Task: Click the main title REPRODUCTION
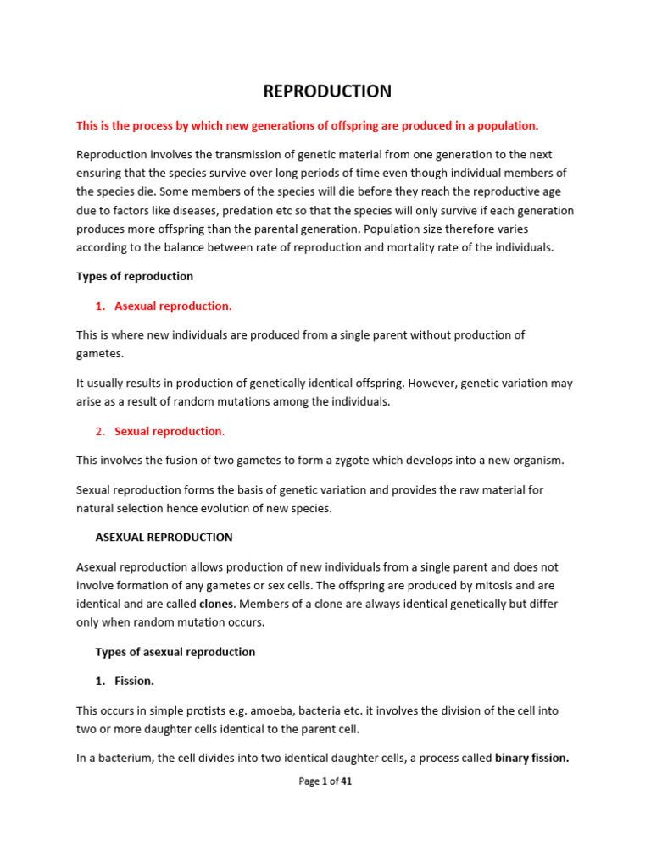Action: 326,91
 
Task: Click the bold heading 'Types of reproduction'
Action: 135,276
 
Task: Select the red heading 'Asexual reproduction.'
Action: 173,306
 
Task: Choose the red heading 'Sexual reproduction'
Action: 168,431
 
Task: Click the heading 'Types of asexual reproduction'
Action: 175,652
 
